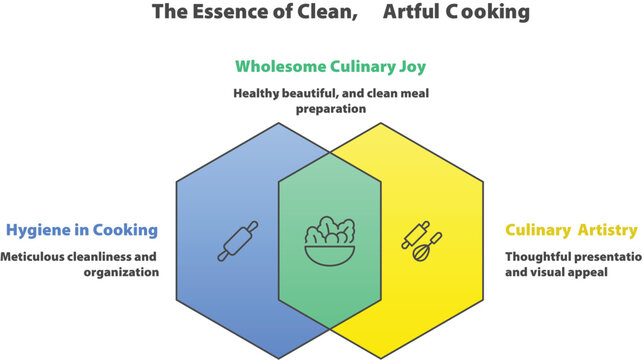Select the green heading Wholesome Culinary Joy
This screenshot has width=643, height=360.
point(330,67)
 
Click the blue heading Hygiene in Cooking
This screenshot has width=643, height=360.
point(82,230)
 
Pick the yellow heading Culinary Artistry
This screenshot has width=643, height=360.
point(570,230)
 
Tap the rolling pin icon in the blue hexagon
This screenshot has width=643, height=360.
point(237,241)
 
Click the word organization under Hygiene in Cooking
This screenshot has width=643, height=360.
point(120,271)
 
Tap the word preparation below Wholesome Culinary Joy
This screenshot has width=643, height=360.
point(330,109)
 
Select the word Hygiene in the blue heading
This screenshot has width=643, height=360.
point(39,230)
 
